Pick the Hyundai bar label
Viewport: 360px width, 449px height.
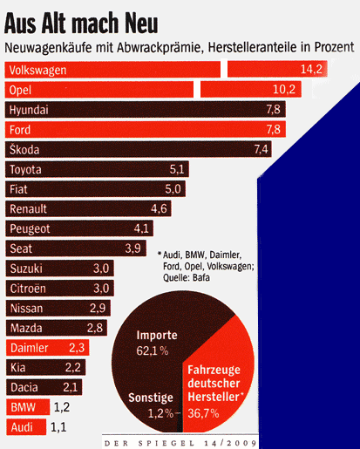pos(29,110)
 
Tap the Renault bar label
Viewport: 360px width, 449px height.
pos(30,208)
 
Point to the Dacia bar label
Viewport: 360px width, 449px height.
pos(25,387)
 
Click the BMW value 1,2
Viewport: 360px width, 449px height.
pos(63,407)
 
